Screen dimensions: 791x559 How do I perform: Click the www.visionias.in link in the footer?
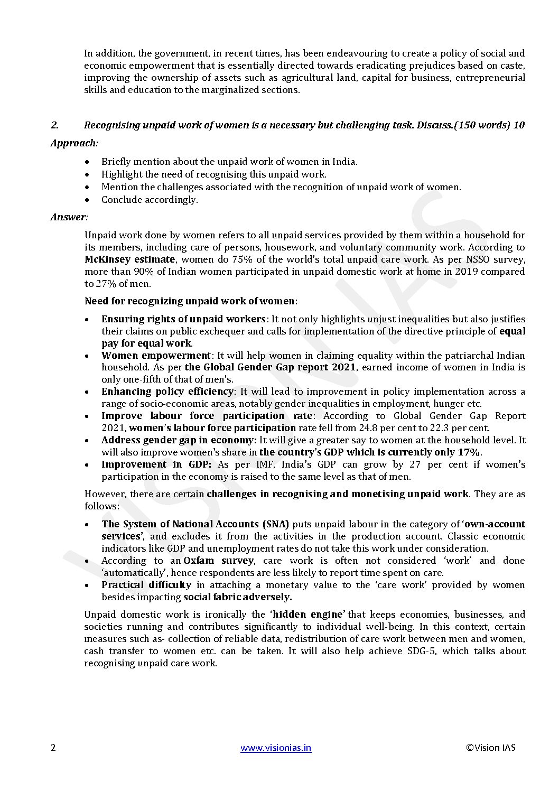pyautogui.click(x=276, y=748)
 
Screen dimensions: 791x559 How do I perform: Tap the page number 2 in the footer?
pyautogui.click(x=53, y=748)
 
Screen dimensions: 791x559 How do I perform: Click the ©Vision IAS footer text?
pyautogui.click(x=490, y=748)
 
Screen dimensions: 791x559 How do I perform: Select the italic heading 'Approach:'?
pyautogui.click(x=74, y=143)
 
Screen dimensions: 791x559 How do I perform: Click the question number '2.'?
pyautogui.click(x=54, y=126)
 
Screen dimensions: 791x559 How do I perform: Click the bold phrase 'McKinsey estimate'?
pyautogui.click(x=129, y=259)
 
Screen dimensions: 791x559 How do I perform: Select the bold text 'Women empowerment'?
pyautogui.click(x=156, y=356)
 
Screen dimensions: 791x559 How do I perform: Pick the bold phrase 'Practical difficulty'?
pyautogui.click(x=146, y=585)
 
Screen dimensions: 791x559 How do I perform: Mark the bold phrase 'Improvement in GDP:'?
pyautogui.click(x=156, y=464)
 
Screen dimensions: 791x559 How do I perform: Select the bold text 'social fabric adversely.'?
pyautogui.click(x=238, y=597)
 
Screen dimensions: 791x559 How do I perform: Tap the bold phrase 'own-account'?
pyautogui.click(x=495, y=524)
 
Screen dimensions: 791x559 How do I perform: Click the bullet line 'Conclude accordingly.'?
pyautogui.click(x=150, y=200)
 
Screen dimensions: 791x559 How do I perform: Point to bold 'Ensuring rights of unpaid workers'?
pyautogui.click(x=183, y=319)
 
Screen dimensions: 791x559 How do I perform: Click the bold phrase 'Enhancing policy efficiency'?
pyautogui.click(x=167, y=392)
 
